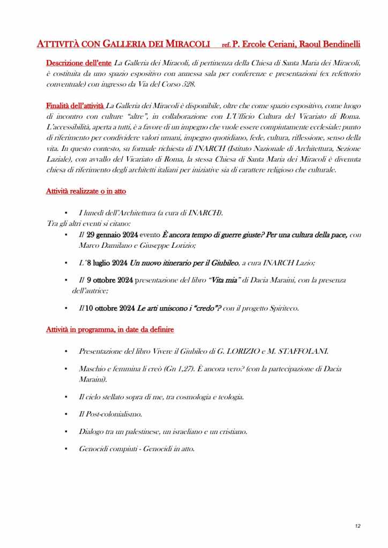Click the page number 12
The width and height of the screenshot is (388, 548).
point(357,526)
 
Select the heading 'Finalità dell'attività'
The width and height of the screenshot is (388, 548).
point(75,108)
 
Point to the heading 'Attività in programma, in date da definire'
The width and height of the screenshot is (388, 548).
point(110,330)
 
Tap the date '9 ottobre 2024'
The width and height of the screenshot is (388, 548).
point(110,280)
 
